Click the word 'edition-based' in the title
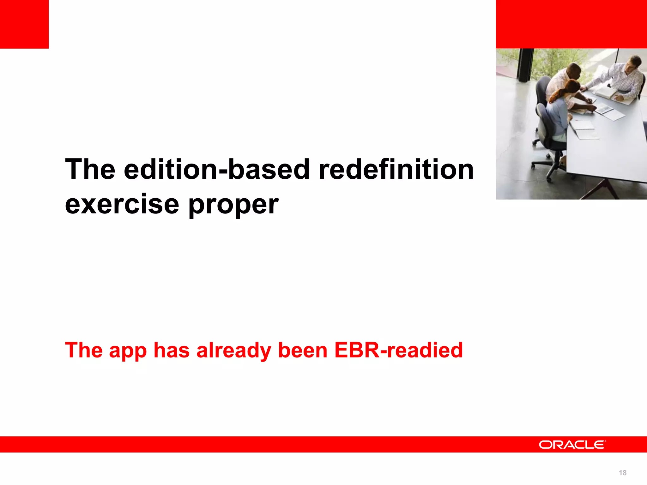pos(216,170)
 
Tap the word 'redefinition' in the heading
pos(396,170)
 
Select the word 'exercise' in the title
pos(122,205)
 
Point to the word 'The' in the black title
pos(90,170)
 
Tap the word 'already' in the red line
pos(233,350)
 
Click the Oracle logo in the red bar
pos(572,445)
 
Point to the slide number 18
pos(622,473)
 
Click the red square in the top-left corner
pos(24,24)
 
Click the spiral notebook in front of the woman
pos(584,125)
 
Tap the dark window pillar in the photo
pos(524,65)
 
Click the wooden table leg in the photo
pos(600,189)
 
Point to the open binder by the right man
pos(605,93)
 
